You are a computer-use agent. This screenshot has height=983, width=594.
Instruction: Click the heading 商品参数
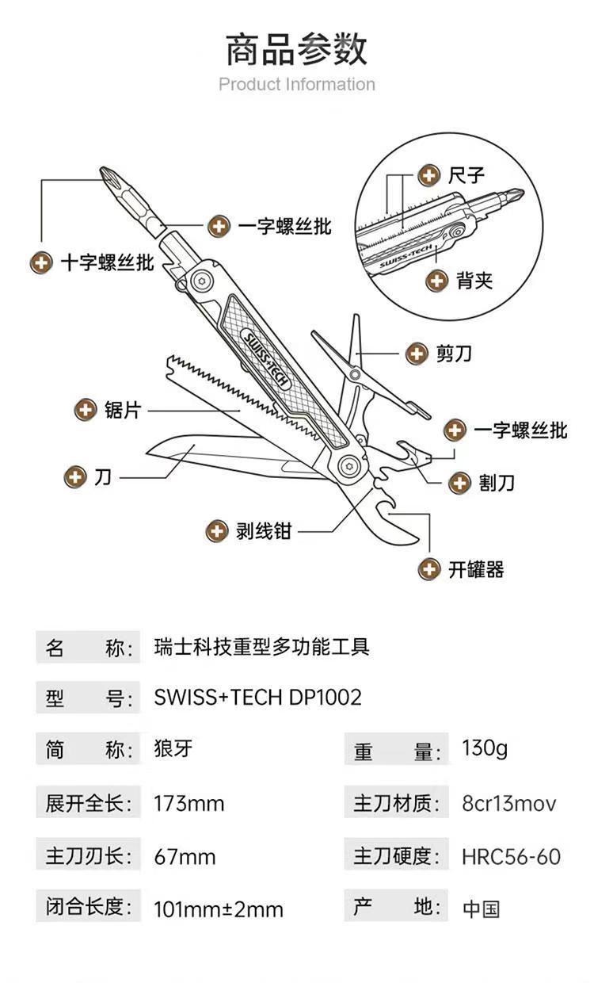(296, 50)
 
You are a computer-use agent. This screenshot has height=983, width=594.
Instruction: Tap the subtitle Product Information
(297, 84)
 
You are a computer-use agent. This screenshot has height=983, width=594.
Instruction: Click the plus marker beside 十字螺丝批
(42, 263)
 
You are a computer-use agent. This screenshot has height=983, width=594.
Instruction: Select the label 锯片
(123, 411)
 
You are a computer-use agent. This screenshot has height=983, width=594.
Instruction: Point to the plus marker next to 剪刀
(417, 354)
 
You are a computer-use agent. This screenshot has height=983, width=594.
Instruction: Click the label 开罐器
(476, 570)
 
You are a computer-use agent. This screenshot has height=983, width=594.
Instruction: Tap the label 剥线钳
(264, 531)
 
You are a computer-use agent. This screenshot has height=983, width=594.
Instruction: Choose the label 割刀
(497, 483)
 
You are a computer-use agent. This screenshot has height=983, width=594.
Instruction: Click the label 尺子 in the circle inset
(466, 175)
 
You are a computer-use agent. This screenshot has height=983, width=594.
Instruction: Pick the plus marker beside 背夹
(437, 281)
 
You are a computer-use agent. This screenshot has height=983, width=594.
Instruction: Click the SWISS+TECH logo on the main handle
(266, 359)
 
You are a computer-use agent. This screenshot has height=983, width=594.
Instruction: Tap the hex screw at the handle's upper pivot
(202, 281)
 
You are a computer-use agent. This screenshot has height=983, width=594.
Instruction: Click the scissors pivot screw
(355, 375)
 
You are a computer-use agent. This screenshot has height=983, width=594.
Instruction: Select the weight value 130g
(485, 748)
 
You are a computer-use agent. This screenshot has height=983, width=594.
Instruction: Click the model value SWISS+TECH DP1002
(257, 697)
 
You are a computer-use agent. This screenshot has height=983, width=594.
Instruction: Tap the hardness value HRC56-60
(511, 856)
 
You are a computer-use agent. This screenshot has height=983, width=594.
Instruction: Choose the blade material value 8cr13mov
(509, 804)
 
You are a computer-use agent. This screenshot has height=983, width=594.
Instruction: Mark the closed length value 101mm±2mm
(219, 908)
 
